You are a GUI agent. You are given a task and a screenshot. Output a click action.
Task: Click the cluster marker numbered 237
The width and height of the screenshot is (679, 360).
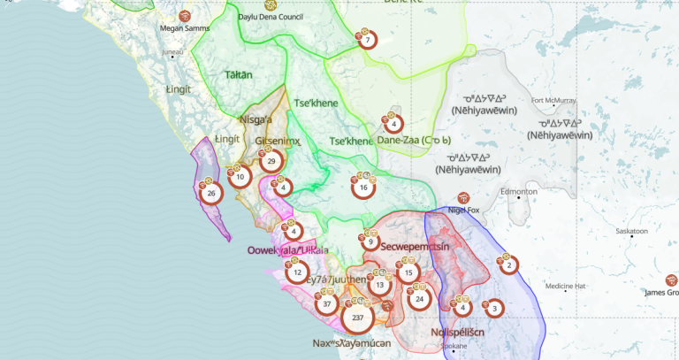click(x=357, y=317)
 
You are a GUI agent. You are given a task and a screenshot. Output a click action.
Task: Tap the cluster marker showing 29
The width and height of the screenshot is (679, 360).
click(x=272, y=160)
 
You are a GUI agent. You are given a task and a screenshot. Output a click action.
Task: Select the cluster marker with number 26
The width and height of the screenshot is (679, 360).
click(x=210, y=194)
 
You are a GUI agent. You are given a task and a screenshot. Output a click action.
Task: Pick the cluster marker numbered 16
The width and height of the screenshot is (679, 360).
click(x=363, y=188)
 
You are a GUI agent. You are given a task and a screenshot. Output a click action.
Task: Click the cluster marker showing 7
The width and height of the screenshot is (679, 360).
click(x=367, y=40)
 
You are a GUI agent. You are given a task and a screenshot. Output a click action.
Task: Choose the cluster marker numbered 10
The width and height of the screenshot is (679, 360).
click(x=240, y=177)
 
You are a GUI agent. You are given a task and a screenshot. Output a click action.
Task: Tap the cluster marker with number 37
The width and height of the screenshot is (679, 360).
click(x=327, y=304)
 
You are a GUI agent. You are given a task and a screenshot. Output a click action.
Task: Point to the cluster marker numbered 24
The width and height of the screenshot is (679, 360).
click(x=420, y=299)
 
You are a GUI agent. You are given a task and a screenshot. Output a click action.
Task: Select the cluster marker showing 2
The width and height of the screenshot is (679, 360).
click(x=509, y=264)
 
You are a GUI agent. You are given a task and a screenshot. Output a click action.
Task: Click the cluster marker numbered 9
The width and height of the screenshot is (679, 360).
click(x=370, y=241)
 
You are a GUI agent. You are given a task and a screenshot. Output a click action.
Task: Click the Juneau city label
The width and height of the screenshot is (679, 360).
click(x=172, y=52)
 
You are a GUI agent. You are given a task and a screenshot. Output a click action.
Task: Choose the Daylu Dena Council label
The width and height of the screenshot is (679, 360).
click(x=271, y=15)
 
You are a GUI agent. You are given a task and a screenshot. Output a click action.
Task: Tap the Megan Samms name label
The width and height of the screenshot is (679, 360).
click(x=184, y=27)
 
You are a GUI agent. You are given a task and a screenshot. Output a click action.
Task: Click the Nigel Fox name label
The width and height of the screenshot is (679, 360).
click(x=464, y=211)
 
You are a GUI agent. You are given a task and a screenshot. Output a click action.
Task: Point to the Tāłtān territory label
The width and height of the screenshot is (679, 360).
click(x=238, y=75)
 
